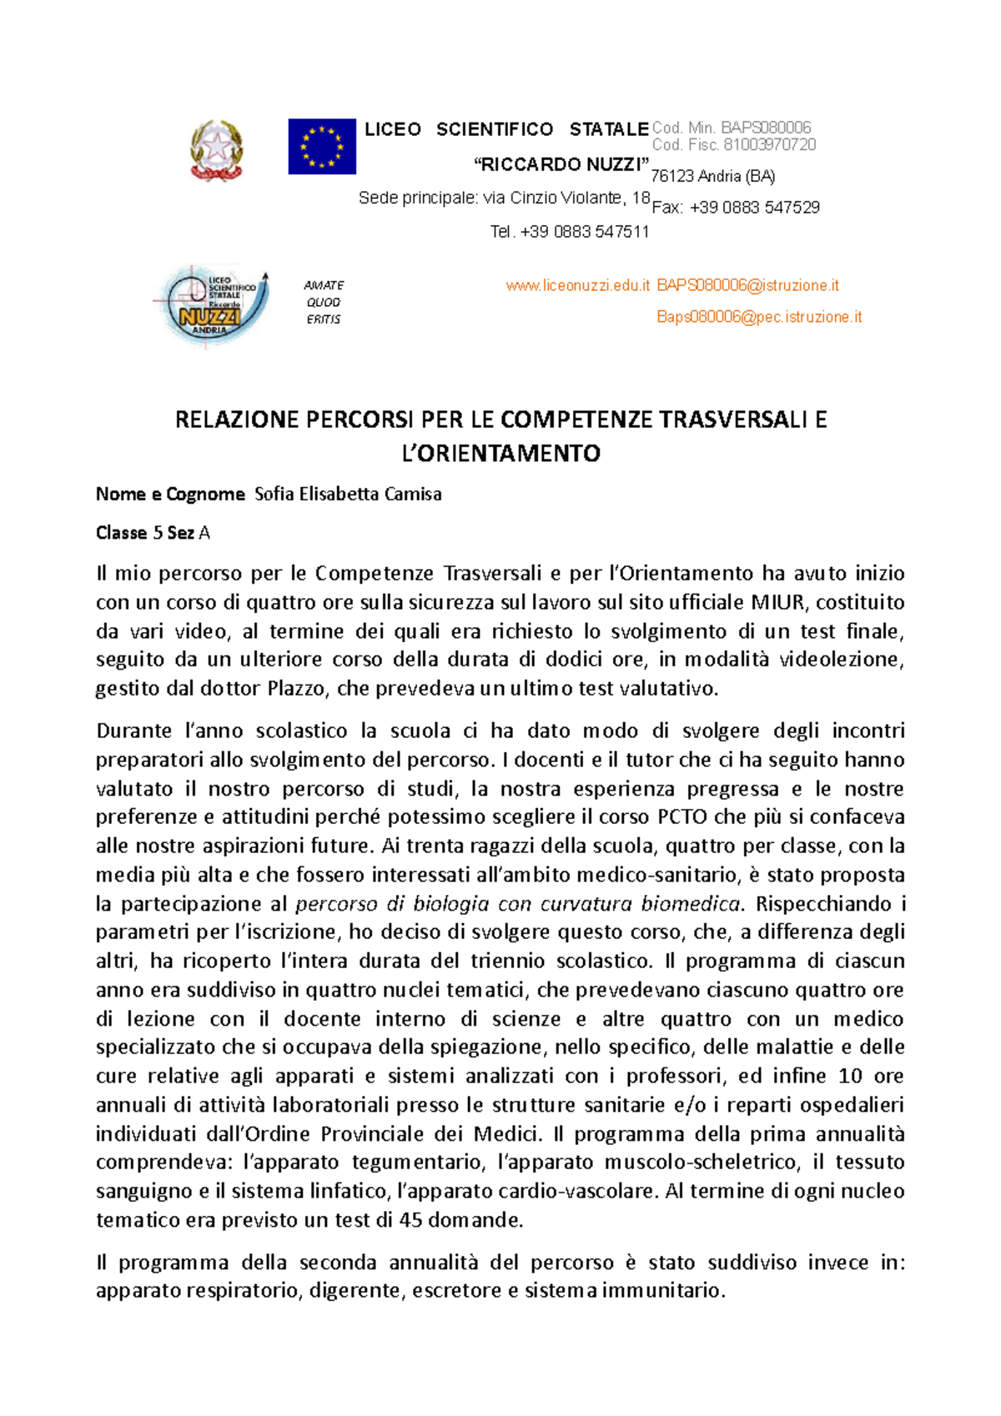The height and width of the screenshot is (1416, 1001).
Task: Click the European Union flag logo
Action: [322, 146]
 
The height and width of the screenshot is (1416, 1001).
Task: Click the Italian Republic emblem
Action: [217, 150]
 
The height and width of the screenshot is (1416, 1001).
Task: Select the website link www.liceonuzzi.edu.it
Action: [577, 285]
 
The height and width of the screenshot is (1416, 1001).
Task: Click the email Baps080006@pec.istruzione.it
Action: [759, 317]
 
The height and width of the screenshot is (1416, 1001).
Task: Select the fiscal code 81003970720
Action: [769, 144]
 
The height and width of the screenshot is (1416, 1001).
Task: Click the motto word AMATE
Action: [324, 285]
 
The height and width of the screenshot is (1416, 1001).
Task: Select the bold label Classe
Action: [121, 533]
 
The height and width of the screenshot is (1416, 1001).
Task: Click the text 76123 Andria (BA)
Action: [713, 176]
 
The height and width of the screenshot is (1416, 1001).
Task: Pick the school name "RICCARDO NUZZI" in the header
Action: [561, 164]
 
